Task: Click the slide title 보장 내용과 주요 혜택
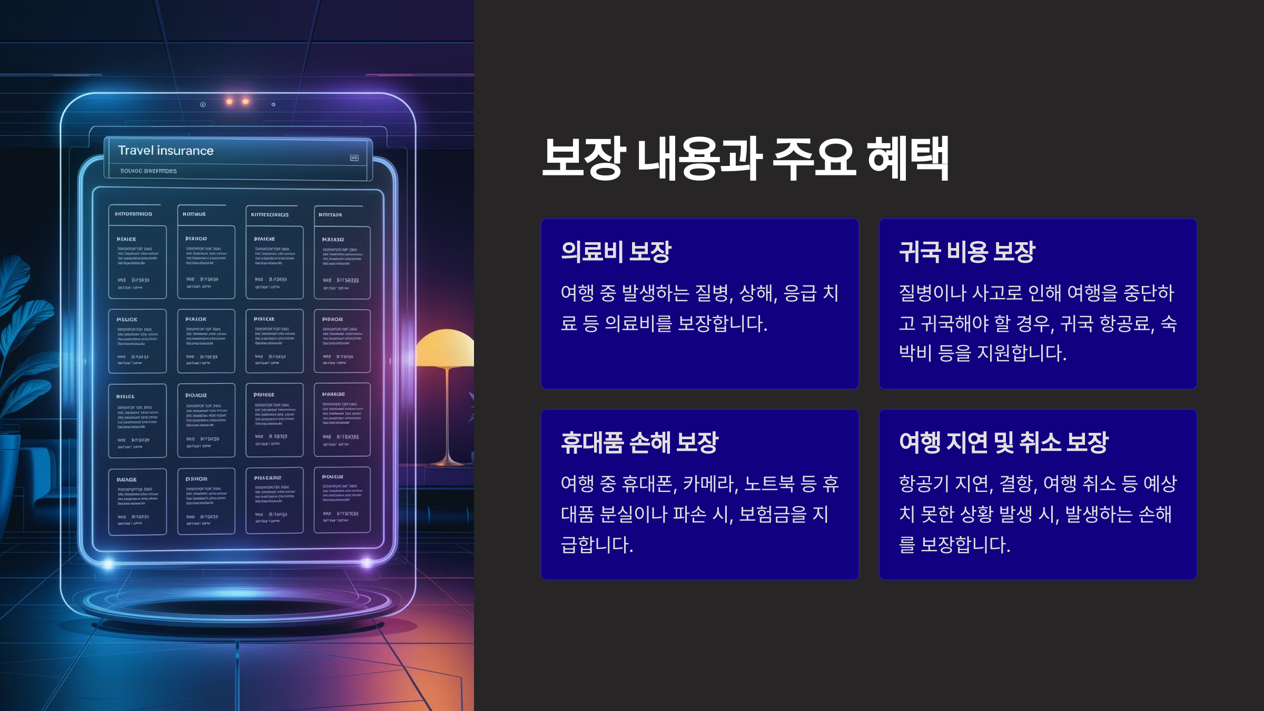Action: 745,158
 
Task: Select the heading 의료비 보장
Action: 616,252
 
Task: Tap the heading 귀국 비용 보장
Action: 967,252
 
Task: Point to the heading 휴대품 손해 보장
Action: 639,442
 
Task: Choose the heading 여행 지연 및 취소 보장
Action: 1003,442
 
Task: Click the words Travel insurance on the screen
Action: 165,151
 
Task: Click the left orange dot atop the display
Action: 229,101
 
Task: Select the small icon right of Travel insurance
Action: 354,158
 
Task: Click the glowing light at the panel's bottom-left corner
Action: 108,564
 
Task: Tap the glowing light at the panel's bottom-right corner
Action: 367,563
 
